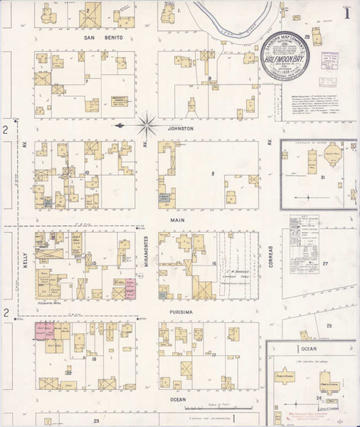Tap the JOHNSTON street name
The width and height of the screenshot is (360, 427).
[181, 129]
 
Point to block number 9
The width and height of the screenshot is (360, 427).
[212, 174]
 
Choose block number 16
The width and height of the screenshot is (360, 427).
[213, 263]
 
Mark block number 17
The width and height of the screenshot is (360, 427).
[213, 354]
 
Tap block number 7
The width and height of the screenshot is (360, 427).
[86, 82]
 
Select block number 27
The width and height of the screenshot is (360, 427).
[325, 263]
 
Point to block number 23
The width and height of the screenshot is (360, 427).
[95, 421]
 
